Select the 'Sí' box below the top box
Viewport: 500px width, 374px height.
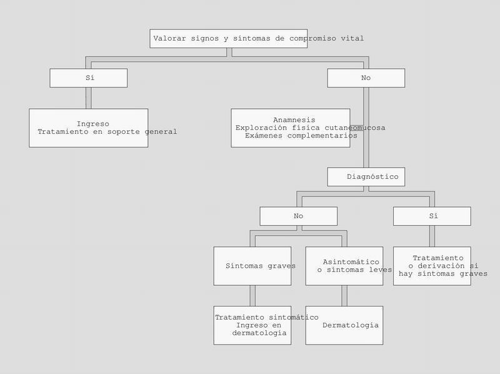[88, 78]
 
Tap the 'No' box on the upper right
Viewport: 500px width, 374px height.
[366, 78]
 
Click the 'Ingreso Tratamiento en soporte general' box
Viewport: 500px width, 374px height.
[88, 128]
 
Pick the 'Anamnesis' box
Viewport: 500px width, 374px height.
[290, 128]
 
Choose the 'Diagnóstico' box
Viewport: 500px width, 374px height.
[366, 176]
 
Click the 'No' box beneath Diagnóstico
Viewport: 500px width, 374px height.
[298, 216]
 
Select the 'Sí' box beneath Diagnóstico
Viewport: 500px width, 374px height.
[431, 216]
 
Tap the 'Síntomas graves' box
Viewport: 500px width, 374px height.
[252, 266]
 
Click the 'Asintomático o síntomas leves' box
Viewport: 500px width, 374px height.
[344, 266]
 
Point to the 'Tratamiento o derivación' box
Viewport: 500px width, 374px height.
[431, 266]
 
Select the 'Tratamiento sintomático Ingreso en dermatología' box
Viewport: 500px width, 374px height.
[252, 325]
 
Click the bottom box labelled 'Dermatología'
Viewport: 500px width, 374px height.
[344, 325]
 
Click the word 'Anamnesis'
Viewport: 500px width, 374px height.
[294, 119]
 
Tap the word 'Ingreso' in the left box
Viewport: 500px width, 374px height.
[92, 124]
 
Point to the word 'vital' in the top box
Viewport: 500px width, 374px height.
[352, 38]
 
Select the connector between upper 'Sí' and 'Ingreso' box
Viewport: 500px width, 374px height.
[88, 98]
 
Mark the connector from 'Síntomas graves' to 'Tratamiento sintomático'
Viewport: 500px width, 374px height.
[252, 295]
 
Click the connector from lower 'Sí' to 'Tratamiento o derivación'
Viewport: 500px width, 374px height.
[431, 236]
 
